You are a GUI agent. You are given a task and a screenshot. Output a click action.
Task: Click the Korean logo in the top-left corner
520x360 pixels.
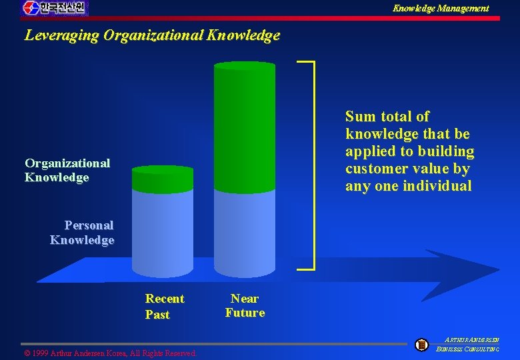55,8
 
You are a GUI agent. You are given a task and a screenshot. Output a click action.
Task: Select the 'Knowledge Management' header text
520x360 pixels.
440,9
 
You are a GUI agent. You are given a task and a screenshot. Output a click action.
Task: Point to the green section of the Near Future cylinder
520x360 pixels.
244,127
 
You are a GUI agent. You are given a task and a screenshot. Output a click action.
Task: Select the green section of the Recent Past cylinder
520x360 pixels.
163,179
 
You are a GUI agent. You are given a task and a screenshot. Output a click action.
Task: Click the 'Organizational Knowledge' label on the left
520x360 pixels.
67,170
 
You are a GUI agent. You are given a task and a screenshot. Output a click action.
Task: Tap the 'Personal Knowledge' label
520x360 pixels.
82,233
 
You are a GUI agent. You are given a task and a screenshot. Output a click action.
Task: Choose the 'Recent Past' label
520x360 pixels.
164,306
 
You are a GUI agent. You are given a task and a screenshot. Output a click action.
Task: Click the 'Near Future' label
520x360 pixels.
245,305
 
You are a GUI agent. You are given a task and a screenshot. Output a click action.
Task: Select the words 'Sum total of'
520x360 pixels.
387,117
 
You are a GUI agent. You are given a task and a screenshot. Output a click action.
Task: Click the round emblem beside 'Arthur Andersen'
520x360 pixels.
421,345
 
